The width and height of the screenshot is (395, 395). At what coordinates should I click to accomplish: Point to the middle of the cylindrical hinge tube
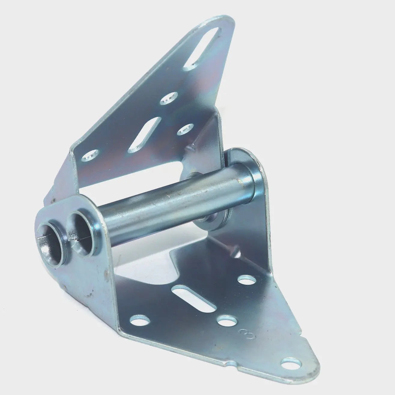[x=162, y=201]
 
